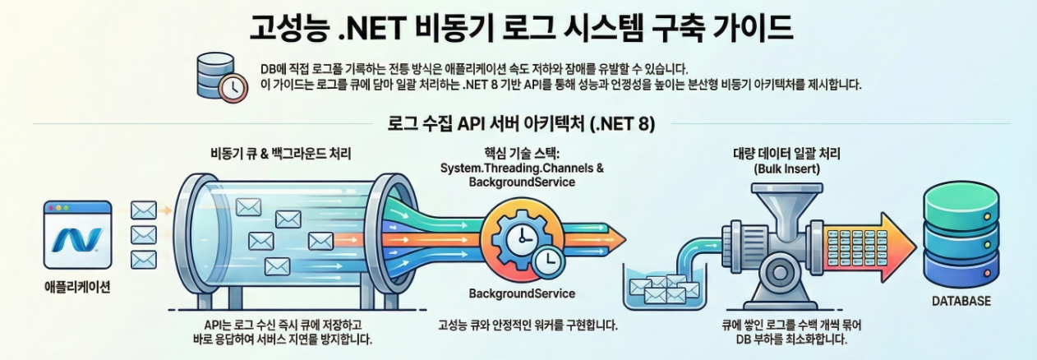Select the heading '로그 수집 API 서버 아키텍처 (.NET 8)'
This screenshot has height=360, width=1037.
pos(520,124)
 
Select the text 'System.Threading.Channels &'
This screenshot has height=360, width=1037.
pos(522,168)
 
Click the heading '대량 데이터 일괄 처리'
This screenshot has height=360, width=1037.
pos(786,154)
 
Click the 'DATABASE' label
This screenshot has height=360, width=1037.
pos(961,302)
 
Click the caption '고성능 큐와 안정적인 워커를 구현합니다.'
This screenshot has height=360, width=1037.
pos(528,325)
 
